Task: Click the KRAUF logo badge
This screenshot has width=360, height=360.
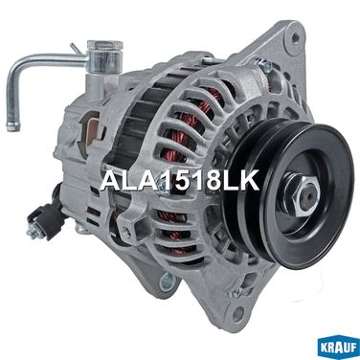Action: point(339,349)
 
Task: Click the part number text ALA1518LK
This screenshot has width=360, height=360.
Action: point(180,181)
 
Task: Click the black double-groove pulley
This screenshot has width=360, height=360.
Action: point(289,192)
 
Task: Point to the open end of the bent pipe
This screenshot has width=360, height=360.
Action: point(12,128)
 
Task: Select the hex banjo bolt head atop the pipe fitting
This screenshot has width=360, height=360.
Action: point(104,45)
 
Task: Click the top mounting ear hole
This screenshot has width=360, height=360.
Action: point(295,37)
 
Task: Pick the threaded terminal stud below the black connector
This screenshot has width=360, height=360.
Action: point(33,233)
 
